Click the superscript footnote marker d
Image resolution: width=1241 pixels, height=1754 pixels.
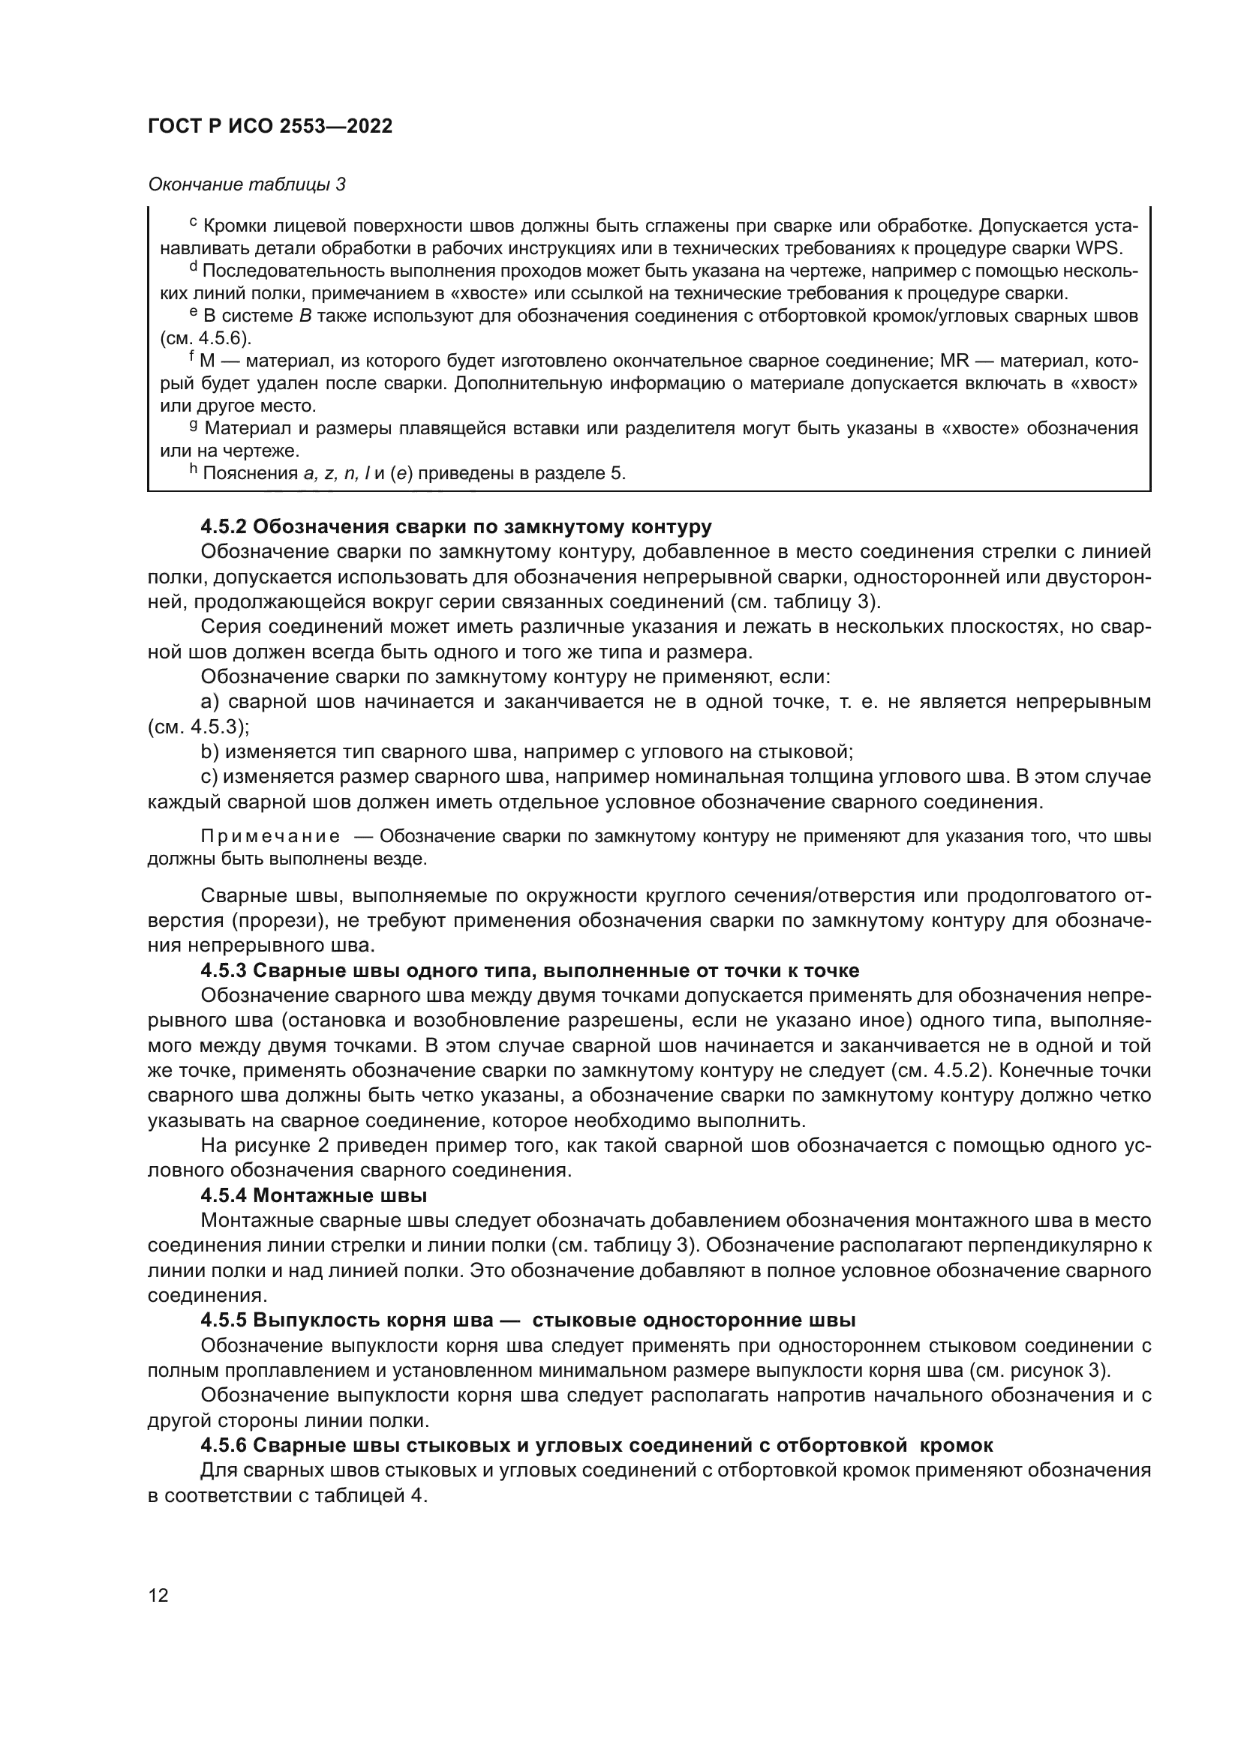[x=194, y=268]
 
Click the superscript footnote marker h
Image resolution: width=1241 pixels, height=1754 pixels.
[x=194, y=470]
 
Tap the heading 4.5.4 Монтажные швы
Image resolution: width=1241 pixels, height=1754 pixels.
[x=314, y=1195]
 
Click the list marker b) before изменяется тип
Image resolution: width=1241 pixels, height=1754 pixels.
[x=210, y=751]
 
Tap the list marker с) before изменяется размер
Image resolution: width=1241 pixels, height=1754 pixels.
[x=210, y=777]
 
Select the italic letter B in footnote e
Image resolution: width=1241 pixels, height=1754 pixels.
[x=305, y=316]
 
